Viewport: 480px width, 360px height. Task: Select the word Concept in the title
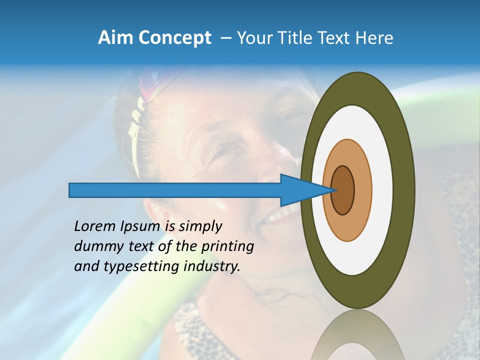tap(174, 38)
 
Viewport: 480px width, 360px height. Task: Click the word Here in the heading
tap(374, 37)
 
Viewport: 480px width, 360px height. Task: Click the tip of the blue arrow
tap(332, 190)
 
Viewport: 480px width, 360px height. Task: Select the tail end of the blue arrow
tap(71, 190)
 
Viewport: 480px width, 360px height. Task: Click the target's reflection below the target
tap(357, 335)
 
